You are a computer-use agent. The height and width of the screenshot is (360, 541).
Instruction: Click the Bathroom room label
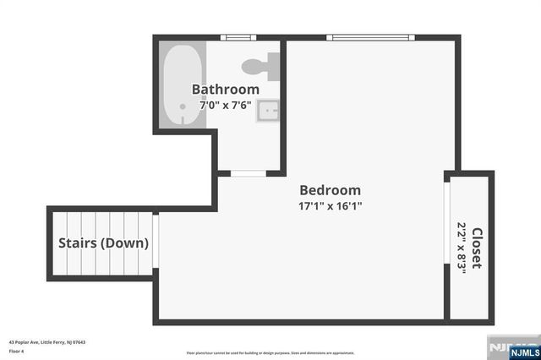(x=225, y=90)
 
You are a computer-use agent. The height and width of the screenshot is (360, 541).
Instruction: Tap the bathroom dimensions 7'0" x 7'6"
(x=225, y=106)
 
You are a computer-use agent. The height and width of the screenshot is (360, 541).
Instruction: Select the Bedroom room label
(x=330, y=190)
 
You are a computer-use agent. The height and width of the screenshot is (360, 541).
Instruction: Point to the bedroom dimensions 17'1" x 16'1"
(x=330, y=205)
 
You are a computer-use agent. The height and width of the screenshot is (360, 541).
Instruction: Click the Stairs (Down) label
(x=103, y=243)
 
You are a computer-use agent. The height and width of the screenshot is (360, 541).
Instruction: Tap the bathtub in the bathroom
(x=180, y=85)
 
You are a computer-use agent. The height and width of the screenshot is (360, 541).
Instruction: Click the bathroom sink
(x=270, y=111)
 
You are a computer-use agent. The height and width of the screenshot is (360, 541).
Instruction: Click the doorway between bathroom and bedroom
(x=249, y=173)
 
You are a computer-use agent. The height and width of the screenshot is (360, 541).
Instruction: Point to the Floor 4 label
(x=17, y=351)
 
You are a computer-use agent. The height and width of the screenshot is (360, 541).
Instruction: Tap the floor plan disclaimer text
(x=270, y=353)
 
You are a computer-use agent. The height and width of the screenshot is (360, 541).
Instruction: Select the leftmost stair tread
(x=61, y=243)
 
